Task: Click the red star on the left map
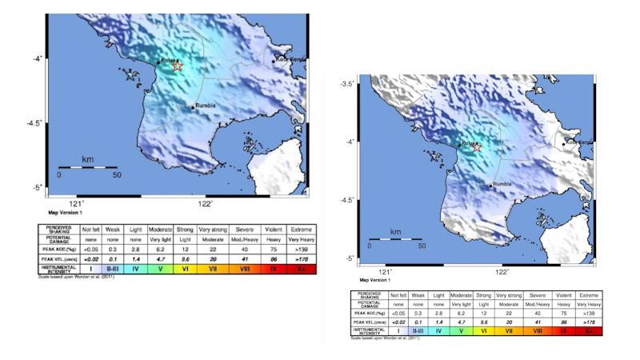tap(178, 66)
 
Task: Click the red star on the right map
tap(477, 147)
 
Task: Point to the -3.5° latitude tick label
tap(348, 84)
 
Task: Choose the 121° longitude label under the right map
tap(386, 272)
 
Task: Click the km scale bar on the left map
tap(88, 166)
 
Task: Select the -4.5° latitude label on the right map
tap(348, 200)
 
